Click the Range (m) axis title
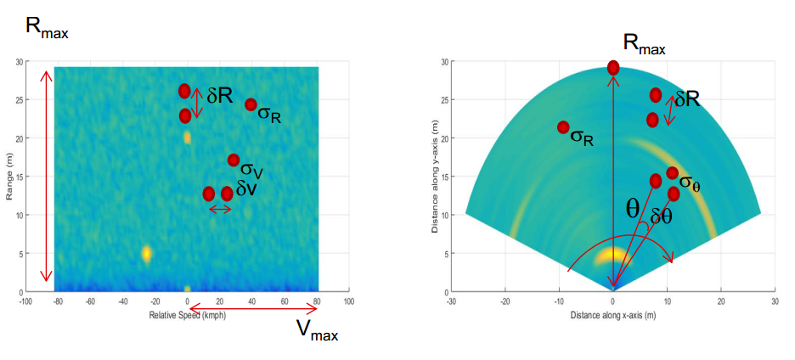point(10,177)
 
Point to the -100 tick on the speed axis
point(25,301)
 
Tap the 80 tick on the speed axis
point(315,301)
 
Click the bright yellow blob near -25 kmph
point(147,252)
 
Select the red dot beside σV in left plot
point(234,160)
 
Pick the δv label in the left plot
point(246,190)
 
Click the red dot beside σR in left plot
point(251,104)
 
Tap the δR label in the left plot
point(219,96)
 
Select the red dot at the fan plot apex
point(613,68)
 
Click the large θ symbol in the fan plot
point(633,210)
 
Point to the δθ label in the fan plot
point(660,217)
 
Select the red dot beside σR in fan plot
point(563,127)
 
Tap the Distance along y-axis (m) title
point(434,177)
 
